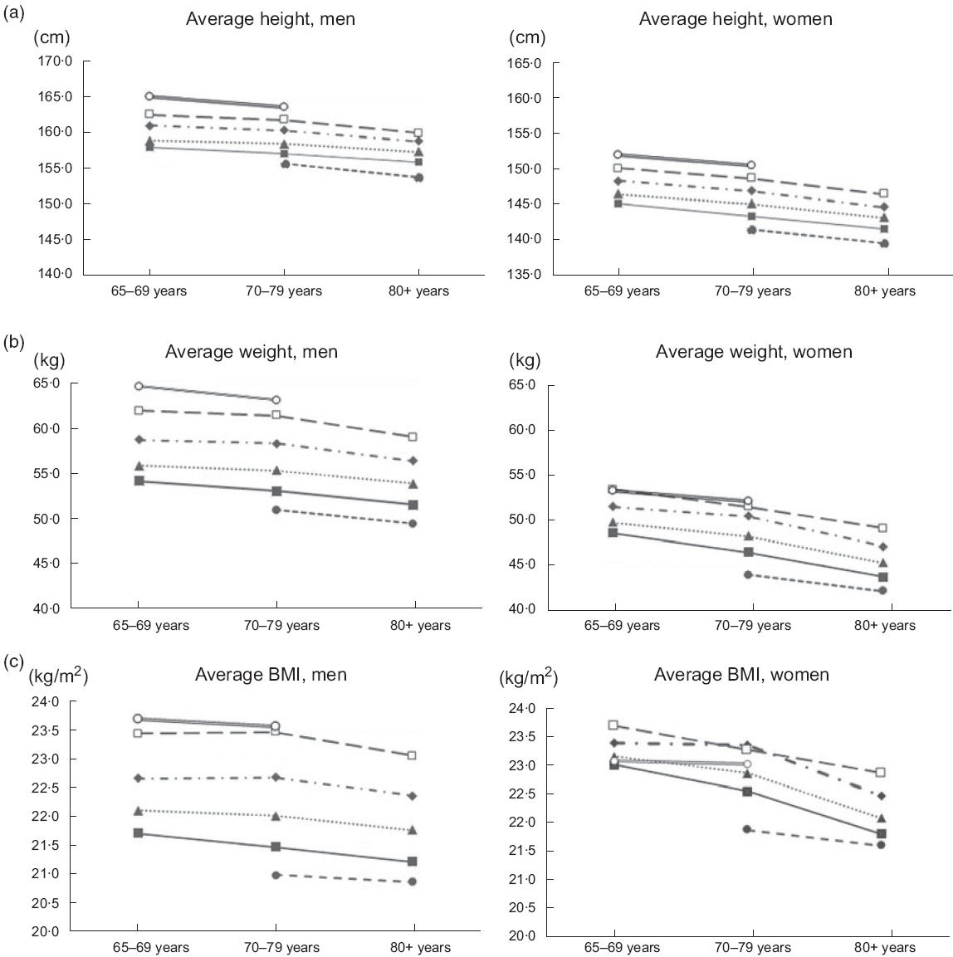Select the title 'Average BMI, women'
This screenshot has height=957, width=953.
[741, 674]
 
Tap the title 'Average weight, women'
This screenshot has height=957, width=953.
[754, 351]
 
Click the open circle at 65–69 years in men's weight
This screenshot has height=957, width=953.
[139, 386]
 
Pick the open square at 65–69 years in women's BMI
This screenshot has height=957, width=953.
[613, 725]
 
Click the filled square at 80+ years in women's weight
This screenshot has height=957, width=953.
[883, 577]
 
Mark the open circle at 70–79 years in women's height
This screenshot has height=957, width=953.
[751, 165]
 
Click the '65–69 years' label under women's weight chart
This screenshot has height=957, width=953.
[621, 625]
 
